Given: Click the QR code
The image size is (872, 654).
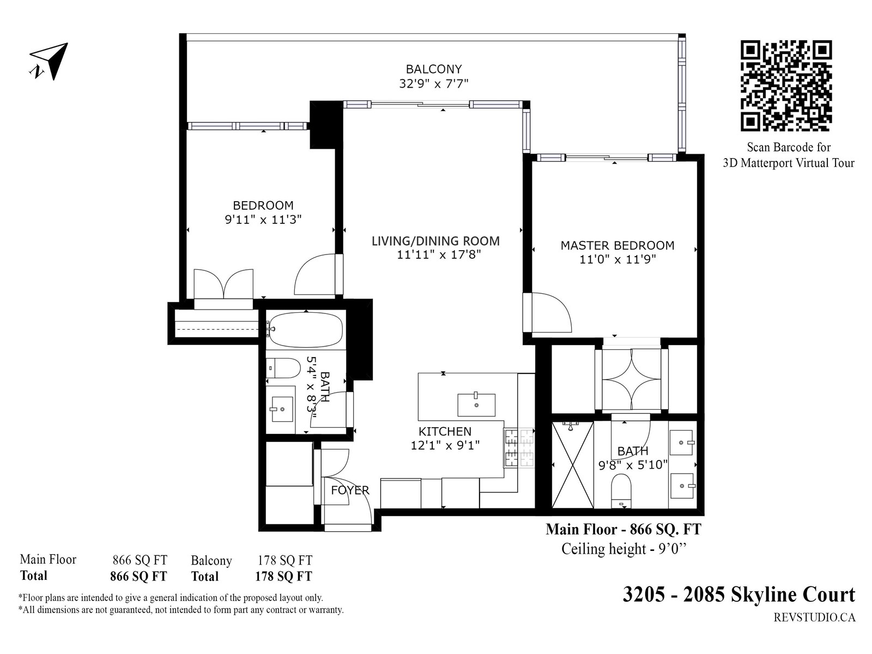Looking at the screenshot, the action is [786, 86].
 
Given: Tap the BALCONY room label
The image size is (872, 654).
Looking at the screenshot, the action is [434, 69].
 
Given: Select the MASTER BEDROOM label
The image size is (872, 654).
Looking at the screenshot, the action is [617, 245].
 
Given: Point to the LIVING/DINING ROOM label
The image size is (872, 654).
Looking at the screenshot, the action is [435, 241].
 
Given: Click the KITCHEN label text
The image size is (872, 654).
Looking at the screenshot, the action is [445, 431].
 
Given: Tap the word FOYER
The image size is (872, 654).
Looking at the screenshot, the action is [350, 490].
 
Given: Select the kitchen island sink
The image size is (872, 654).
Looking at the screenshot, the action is [476, 404].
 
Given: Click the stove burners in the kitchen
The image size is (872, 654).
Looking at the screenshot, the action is [519, 448].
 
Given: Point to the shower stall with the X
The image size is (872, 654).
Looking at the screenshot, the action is [572, 465].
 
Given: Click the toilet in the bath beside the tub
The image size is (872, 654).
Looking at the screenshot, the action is [283, 368].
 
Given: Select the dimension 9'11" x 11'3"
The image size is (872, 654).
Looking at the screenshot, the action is [263, 220].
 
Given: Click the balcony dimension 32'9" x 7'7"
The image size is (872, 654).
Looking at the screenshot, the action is [434, 84].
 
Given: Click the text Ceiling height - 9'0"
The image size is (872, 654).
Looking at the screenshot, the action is [623, 549].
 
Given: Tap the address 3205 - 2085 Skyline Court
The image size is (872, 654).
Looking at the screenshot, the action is [738, 595].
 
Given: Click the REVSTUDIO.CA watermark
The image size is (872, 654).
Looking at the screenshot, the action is [814, 617].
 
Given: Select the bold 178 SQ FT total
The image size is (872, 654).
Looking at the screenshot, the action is [283, 576].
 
